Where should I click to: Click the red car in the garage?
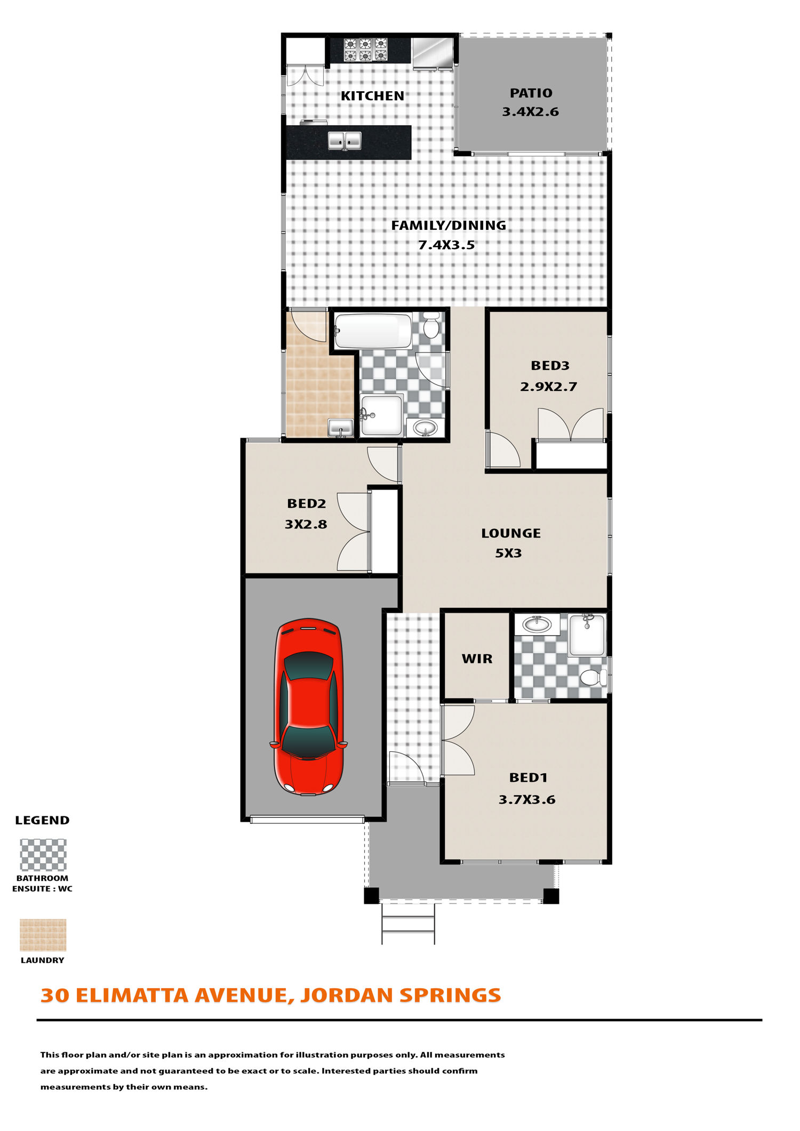pyautogui.click(x=309, y=707)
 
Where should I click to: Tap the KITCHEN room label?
pyautogui.click(x=372, y=96)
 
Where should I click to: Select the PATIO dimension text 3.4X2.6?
pyautogui.click(x=530, y=112)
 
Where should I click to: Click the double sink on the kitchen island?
pyautogui.click(x=344, y=141)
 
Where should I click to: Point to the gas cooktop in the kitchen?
pyautogui.click(x=365, y=50)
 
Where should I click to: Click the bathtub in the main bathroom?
pyautogui.click(x=373, y=331)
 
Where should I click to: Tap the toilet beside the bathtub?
pyautogui.click(x=431, y=326)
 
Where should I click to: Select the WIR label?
pyautogui.click(x=477, y=659)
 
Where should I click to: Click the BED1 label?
pyautogui.click(x=528, y=778)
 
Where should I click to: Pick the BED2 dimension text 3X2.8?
pyautogui.click(x=306, y=524)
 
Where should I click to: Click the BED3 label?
pyautogui.click(x=550, y=366)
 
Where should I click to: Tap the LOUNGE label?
pyautogui.click(x=511, y=533)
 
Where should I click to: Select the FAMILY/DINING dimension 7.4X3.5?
pyautogui.click(x=446, y=245)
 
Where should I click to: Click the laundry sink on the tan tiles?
pyautogui.click(x=340, y=428)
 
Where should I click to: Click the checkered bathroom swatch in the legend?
pyautogui.click(x=43, y=855)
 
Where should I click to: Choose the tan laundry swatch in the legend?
pyautogui.click(x=43, y=935)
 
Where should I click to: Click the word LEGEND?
pyautogui.click(x=42, y=820)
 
